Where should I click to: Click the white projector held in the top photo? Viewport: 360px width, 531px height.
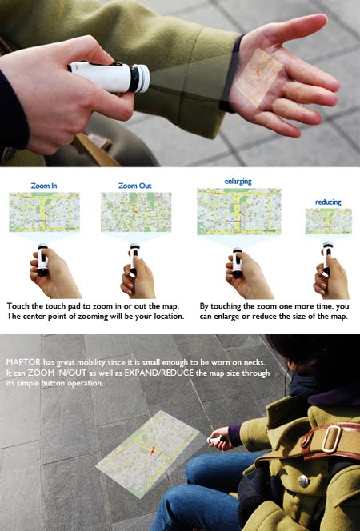pos(108,76)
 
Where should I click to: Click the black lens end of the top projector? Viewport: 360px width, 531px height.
pos(141,78)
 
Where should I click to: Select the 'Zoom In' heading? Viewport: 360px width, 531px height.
pos(43,186)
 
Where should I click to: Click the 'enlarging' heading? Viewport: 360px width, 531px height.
pos(238,182)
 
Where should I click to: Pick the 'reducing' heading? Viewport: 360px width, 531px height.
pos(328,202)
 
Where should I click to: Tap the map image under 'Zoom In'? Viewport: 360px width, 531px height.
pos(44,212)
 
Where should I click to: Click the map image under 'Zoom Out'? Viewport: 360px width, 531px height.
pos(136,212)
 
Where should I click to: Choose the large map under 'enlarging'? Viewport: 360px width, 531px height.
pos(239,210)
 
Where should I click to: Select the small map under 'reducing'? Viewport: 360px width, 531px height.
pos(328,221)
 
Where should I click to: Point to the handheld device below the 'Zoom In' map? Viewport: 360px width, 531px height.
pos(42,261)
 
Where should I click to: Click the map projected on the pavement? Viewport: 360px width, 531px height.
pos(148,452)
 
